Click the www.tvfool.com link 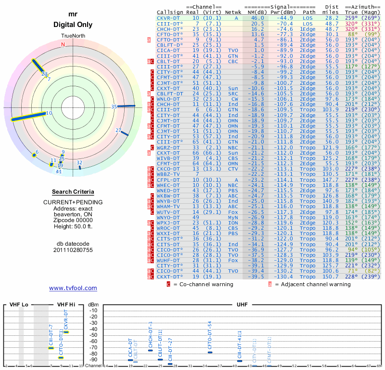point(73,288)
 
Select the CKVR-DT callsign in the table point(169,17)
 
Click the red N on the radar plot point(63,44)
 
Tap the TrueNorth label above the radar point(73,37)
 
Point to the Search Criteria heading point(73,192)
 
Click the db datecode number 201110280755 point(73,251)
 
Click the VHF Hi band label point(66,305)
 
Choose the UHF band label point(242,305)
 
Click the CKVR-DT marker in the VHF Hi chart point(66,332)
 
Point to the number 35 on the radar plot point(114,106)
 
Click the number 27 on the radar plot point(119,130)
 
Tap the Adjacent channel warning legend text point(312,284)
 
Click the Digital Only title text point(73,25)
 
